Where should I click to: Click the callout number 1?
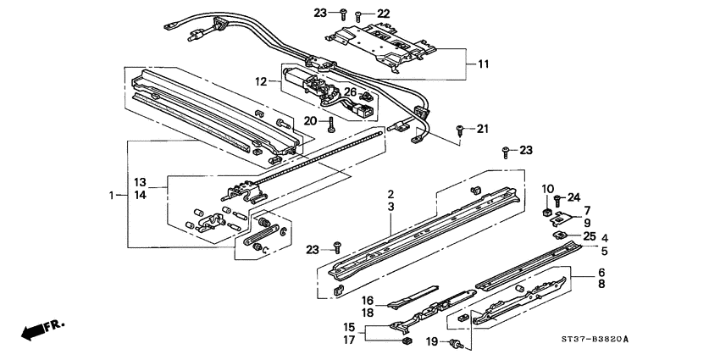point(114,196)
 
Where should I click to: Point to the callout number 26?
point(350,91)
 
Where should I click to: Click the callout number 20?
point(311,121)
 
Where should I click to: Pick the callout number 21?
point(482,129)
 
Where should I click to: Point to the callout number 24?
point(573,198)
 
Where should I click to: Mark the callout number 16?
point(368,300)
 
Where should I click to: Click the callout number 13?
point(141,182)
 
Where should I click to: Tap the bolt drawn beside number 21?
point(460,129)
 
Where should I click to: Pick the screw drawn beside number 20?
point(330,124)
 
